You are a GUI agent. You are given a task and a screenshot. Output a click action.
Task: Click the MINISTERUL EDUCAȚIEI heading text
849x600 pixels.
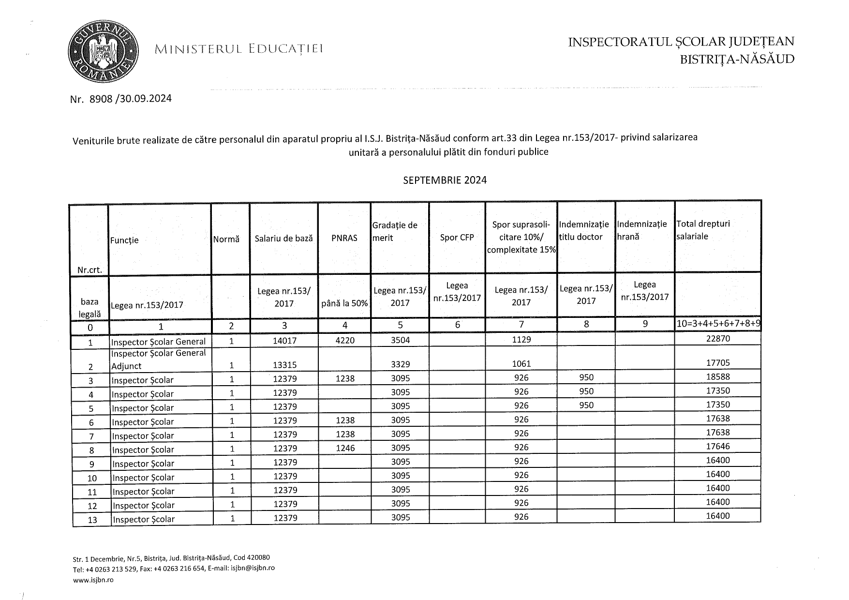click(239, 49)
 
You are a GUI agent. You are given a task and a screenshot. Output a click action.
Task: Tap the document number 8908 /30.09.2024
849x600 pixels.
click(121, 99)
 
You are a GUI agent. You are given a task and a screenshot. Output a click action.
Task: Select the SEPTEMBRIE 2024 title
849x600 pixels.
click(445, 180)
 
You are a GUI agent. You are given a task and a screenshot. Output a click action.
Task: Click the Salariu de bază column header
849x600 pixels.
click(283, 238)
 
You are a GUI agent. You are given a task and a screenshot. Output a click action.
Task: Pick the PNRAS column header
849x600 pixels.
click(344, 238)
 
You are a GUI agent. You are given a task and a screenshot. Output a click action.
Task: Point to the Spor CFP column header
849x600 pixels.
click(457, 238)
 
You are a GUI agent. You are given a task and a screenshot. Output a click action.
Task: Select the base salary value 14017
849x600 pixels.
click(284, 341)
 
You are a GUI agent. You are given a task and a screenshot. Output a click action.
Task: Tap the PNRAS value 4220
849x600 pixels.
click(345, 341)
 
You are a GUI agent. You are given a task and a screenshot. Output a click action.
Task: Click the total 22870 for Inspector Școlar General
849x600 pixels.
click(717, 339)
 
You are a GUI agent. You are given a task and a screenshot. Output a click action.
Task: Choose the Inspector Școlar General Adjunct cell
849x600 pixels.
click(159, 360)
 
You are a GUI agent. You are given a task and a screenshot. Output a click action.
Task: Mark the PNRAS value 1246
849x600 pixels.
click(345, 449)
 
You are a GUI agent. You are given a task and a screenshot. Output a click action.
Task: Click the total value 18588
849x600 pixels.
click(717, 377)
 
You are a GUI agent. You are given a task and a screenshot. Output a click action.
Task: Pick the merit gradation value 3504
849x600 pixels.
click(400, 340)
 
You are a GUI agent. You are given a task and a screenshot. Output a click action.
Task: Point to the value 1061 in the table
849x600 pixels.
click(521, 363)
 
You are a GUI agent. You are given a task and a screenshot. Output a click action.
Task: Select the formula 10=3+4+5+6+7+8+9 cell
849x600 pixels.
click(718, 324)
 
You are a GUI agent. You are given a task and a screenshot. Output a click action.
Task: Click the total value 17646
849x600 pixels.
click(717, 447)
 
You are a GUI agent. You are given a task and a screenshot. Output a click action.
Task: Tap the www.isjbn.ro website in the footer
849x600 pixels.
click(93, 580)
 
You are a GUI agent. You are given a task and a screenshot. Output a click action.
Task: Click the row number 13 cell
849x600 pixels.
click(92, 520)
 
